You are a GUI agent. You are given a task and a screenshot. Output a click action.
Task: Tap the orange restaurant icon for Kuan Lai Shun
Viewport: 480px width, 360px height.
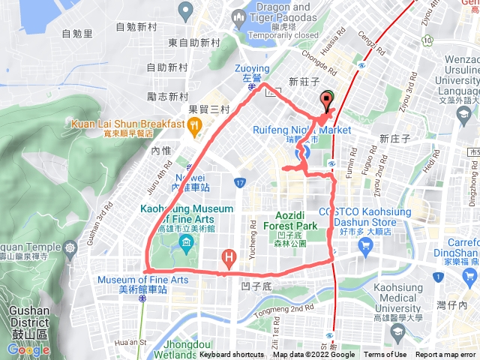click(x=194, y=127)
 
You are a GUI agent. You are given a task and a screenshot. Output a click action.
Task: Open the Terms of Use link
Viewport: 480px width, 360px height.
click(x=385, y=355)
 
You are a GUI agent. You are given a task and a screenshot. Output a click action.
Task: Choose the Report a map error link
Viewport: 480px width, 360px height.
click(x=445, y=355)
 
